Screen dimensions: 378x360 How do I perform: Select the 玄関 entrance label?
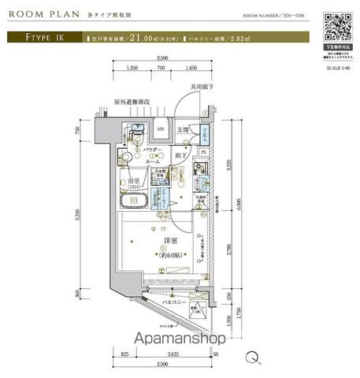181,132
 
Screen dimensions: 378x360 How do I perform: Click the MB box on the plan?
160,131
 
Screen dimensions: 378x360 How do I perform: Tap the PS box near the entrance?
202,153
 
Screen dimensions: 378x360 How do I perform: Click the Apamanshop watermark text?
180,339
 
